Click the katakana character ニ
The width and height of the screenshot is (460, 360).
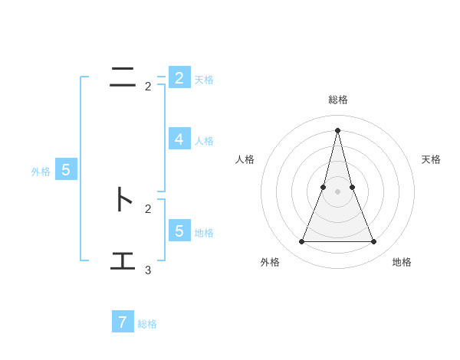click(x=123, y=77)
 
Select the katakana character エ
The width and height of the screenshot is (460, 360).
click(x=123, y=260)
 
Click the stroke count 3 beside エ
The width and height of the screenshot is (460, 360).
click(x=148, y=270)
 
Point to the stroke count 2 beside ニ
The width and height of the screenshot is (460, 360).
click(x=148, y=87)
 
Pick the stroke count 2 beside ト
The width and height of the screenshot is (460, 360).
click(x=148, y=208)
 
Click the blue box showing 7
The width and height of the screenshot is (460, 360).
click(x=123, y=322)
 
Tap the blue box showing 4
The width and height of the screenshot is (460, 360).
click(x=179, y=139)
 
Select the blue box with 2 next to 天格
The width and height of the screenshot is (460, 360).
click(x=179, y=77)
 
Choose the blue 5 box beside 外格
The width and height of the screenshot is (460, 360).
click(x=66, y=171)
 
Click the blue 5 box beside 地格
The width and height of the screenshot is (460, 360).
click(x=179, y=231)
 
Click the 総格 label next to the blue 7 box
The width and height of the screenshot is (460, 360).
click(x=147, y=324)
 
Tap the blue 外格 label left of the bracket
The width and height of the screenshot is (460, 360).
click(x=41, y=172)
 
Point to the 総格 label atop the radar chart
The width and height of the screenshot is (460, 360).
click(x=338, y=100)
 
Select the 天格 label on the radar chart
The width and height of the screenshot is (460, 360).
click(x=431, y=159)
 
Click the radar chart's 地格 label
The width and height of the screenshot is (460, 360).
click(x=402, y=262)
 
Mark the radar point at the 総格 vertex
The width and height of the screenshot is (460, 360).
click(x=338, y=129)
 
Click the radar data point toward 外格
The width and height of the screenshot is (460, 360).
click(x=301, y=242)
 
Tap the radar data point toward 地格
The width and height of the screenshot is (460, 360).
click(x=374, y=242)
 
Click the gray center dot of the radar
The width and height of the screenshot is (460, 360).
click(x=338, y=191)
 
